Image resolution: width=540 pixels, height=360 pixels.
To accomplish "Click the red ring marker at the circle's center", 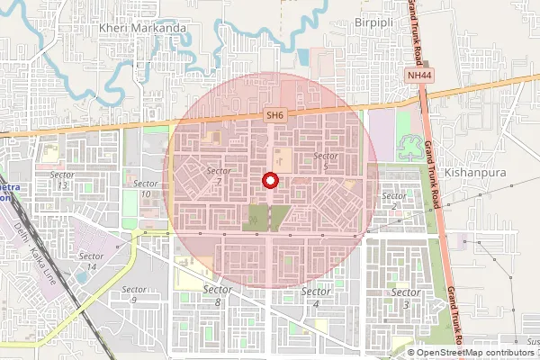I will pos(269,181).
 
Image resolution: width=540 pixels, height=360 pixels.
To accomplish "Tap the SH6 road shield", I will pos(274,114).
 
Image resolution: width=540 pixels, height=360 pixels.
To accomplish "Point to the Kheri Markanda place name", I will pos(140,28).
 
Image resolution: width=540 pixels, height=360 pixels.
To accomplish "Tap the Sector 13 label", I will pos(61,179).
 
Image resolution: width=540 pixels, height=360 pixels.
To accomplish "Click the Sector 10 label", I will pos(147,188).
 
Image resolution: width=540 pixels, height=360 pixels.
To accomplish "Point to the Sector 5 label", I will pos(325,161).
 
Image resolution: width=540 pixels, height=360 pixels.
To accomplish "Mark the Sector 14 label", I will pos(88,261).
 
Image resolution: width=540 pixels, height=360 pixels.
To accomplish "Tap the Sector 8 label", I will pos(218,296).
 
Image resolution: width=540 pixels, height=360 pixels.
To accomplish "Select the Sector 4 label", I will pos(316,296).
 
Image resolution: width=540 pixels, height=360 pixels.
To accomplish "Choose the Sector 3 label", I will pos(406,298).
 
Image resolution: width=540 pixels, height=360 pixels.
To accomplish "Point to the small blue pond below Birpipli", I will pos(303,57).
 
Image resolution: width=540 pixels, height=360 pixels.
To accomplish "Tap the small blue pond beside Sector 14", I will pos(84,276).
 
